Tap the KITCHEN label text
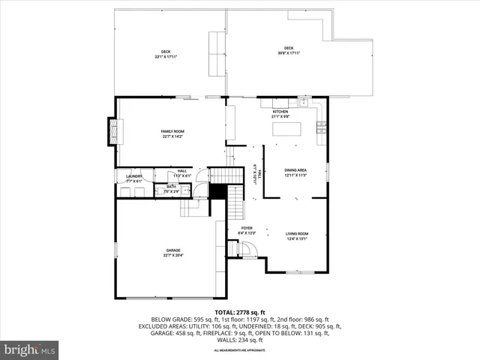280,112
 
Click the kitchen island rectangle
286,130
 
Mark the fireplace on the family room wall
114,131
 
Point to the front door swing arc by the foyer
250,250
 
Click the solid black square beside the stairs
217,191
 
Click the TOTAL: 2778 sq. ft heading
240,312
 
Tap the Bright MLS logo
30,349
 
